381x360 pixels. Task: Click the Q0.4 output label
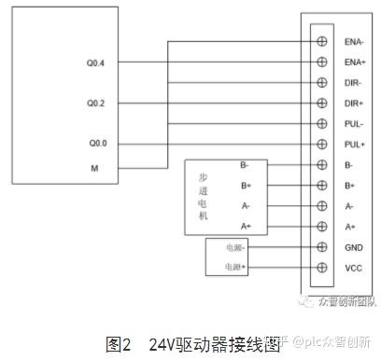coord(95,62)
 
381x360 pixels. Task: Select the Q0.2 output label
coord(95,103)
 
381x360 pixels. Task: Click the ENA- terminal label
coord(354,42)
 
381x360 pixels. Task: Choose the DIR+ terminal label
coord(354,104)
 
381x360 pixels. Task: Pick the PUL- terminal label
coord(354,124)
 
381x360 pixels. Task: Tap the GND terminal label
coord(352,247)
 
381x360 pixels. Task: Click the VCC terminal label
coord(352,268)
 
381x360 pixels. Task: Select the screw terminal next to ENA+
coord(322,62)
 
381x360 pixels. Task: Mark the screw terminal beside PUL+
coord(322,145)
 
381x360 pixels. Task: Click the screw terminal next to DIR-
coord(322,83)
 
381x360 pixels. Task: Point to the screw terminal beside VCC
coord(322,268)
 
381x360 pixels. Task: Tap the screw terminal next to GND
coord(322,247)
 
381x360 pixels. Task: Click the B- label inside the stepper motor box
coord(244,165)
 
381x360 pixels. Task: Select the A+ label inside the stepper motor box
coord(246,227)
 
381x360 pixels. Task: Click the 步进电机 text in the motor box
coord(204,196)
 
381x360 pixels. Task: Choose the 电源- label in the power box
coord(233,247)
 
